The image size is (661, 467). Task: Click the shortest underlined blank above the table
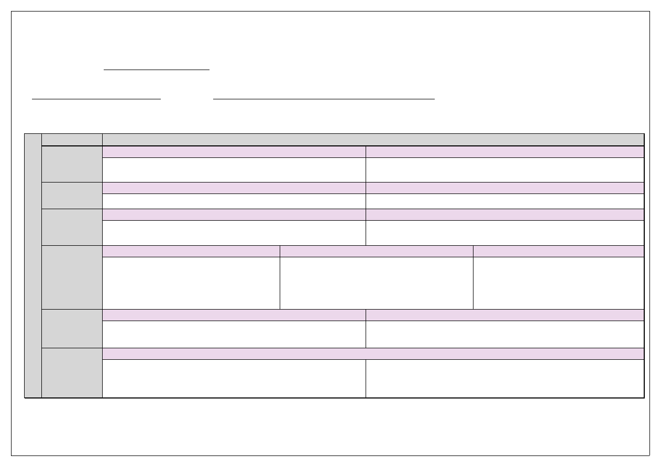157,68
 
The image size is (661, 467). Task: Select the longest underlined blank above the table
324,97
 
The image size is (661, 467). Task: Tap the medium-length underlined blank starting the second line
96,97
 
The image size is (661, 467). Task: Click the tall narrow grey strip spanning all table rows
33,266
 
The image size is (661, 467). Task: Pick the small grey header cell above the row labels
72,139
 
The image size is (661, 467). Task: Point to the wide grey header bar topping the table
373,139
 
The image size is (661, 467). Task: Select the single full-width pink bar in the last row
373,354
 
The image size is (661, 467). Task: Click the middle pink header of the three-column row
377,251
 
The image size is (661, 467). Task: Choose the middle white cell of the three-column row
377,283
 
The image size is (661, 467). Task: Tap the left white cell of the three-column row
191,283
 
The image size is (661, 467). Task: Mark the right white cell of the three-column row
558,283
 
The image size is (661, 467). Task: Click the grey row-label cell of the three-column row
72,277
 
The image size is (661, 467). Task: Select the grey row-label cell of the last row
72,373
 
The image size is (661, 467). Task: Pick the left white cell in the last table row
234,379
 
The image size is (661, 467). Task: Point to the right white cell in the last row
504,379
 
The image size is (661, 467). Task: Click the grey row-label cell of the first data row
72,164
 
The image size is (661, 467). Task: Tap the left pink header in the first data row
234,152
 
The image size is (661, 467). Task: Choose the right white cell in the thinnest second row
504,201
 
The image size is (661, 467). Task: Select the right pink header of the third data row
504,214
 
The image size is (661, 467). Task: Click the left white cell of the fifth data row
234,334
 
